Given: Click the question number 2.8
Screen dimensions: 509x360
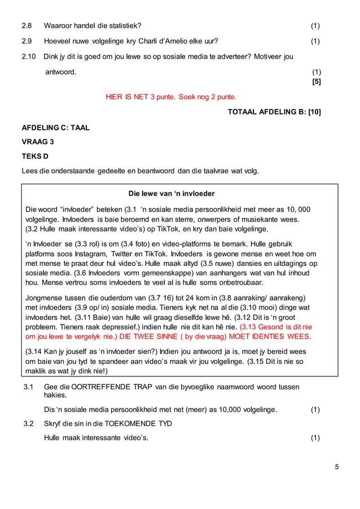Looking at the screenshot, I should (27, 25).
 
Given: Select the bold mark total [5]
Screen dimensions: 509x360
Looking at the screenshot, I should (317, 81).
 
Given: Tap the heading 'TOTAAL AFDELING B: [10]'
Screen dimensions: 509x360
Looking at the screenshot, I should (274, 112).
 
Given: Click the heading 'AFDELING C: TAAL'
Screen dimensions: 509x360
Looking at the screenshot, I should (55, 128).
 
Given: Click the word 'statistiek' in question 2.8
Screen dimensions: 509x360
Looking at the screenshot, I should (121, 25).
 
